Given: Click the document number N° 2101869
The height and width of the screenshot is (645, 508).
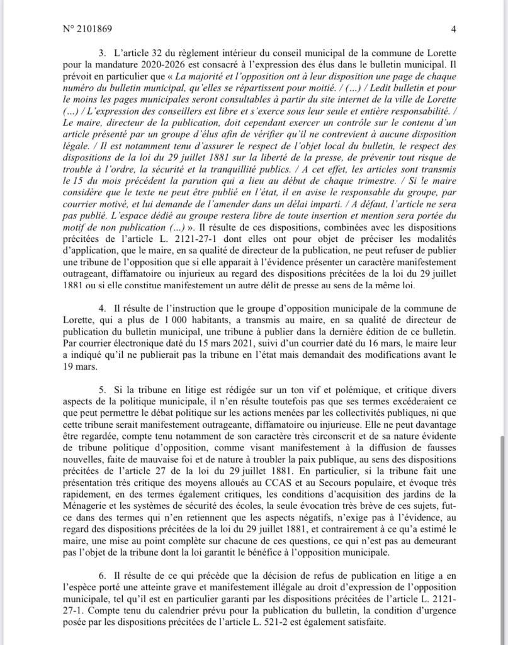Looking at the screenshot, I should (88, 29).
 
